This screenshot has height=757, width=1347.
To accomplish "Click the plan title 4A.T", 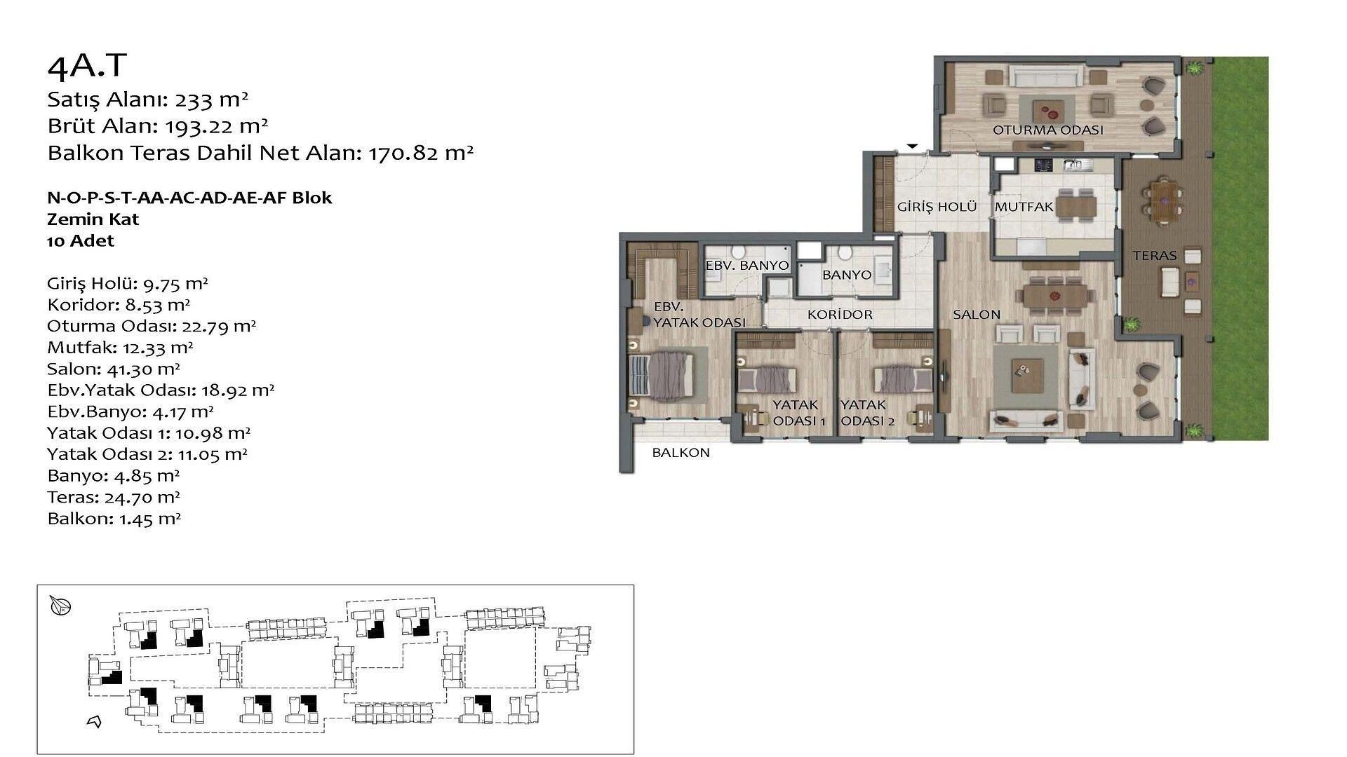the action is (87, 65).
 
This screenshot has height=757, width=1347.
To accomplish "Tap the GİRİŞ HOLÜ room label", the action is (937, 207).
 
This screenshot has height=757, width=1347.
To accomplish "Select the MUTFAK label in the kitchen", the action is (1024, 207).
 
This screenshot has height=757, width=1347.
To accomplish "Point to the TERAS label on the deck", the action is (1155, 256).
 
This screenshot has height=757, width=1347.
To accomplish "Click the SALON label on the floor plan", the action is (977, 315).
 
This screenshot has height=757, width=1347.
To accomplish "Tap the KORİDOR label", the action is (840, 315).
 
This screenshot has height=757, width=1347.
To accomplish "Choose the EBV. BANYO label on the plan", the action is (747, 266).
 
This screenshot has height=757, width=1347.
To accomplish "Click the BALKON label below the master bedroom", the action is (681, 453).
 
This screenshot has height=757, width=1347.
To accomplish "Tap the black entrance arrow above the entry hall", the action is (913, 146).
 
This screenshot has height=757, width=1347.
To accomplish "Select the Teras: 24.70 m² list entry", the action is (114, 498).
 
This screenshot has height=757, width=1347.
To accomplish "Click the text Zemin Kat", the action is (93, 219).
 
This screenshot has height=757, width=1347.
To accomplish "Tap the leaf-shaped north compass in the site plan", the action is (61, 606).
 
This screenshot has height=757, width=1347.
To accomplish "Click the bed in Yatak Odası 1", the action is (767, 379).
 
